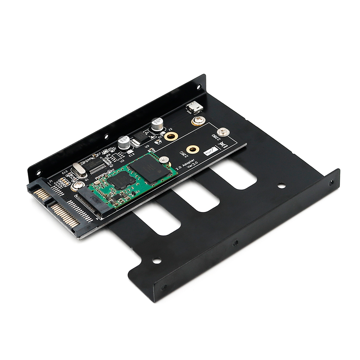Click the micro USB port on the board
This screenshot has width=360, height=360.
194,107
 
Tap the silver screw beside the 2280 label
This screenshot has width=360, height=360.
223,132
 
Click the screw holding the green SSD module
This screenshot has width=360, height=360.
164,159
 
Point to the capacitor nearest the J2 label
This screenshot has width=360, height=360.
157,125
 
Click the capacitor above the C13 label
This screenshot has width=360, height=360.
124,143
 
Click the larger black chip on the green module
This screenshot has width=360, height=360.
149,170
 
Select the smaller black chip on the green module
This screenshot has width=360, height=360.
121,180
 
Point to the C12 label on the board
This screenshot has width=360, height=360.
65,172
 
